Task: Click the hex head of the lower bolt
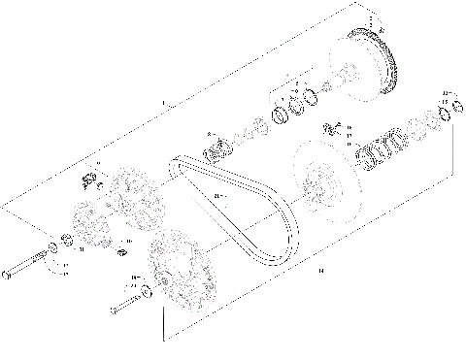114,309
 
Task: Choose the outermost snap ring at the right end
451,115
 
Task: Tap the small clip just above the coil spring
329,127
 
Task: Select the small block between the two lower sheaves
123,254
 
